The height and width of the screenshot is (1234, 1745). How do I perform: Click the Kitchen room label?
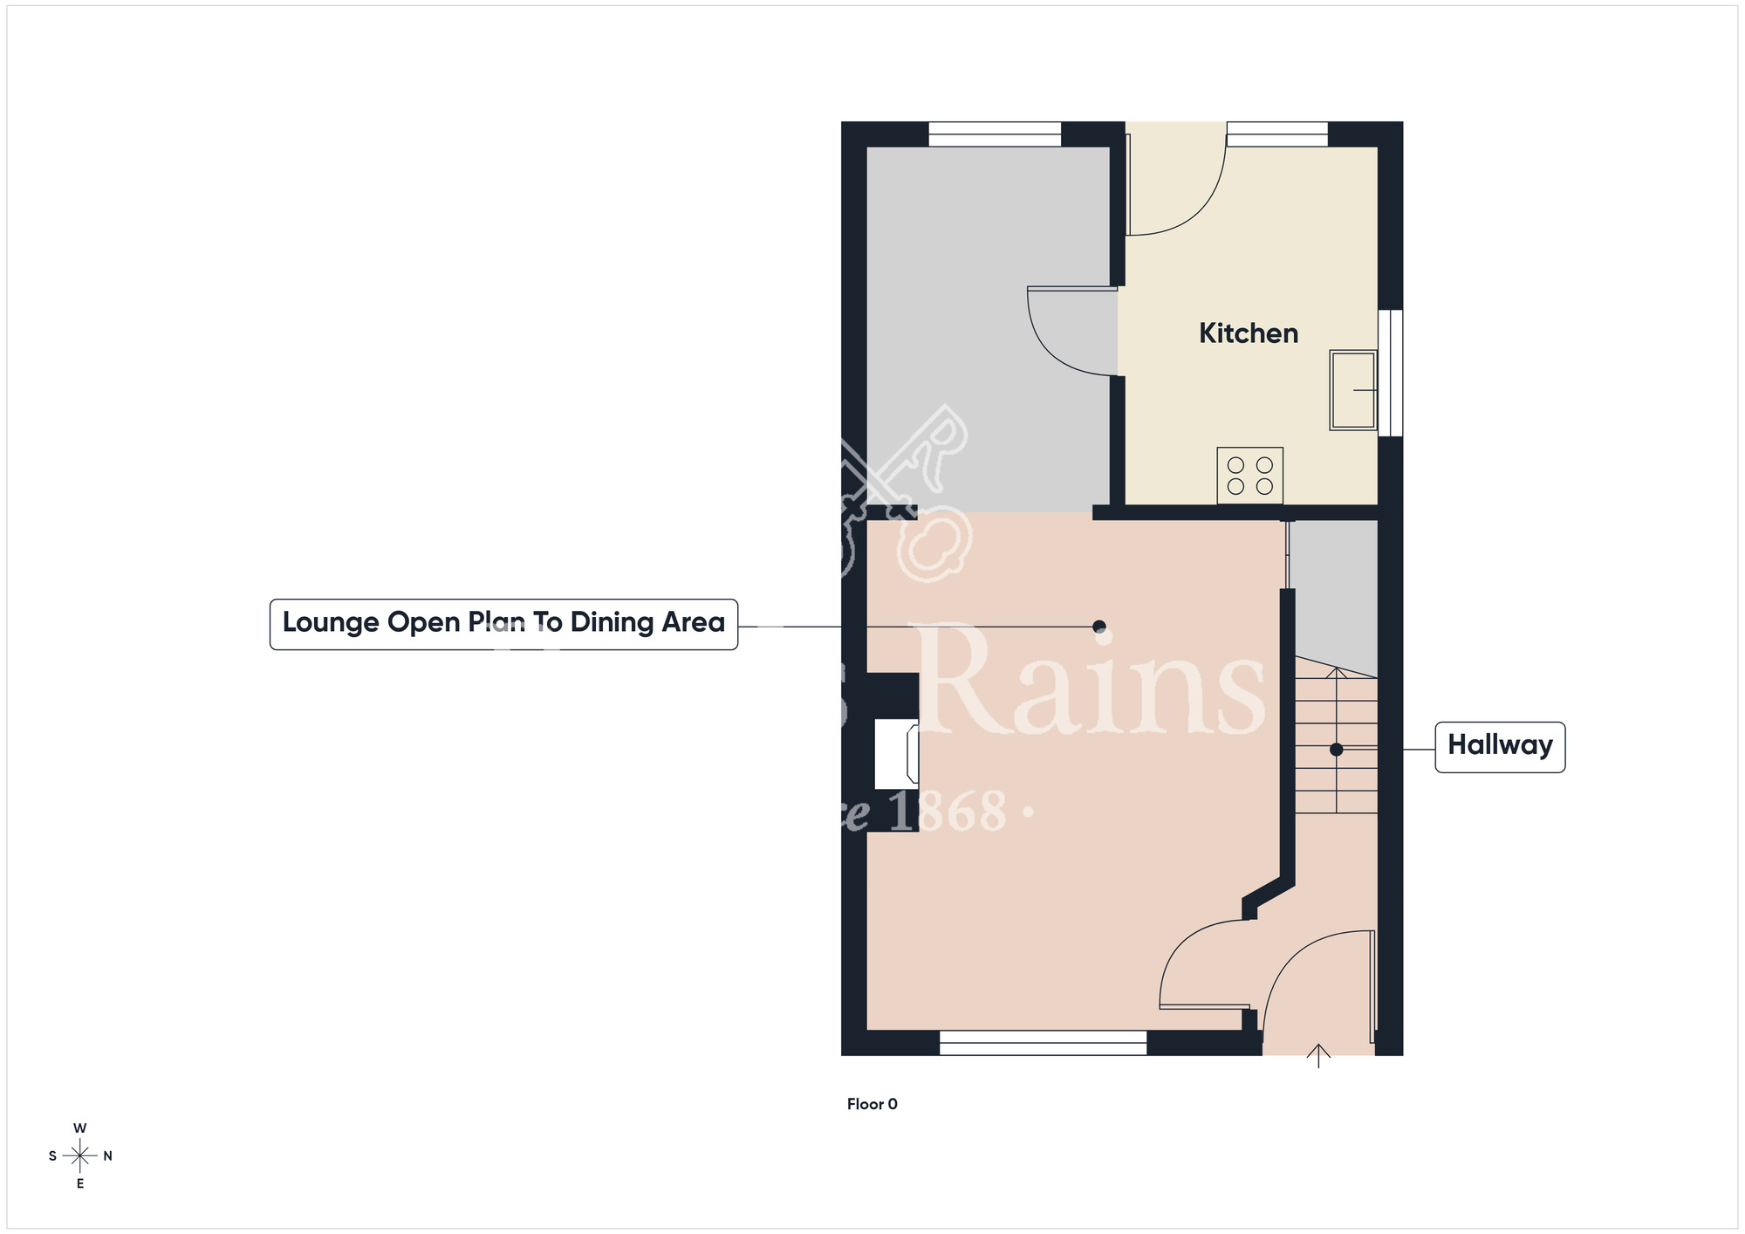pos(1248,333)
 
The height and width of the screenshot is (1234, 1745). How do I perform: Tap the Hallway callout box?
pos(1499,746)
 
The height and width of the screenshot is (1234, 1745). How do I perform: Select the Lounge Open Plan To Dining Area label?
pos(503,623)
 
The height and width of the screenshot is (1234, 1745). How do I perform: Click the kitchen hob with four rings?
pos(1249,476)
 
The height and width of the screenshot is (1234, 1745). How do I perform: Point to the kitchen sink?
pos(1353,390)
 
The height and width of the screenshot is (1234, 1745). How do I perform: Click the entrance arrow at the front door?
pos(1317,1055)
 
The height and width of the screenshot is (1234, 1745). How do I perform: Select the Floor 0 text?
pos(872,1104)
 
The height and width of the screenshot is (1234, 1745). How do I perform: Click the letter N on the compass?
pos(108,1156)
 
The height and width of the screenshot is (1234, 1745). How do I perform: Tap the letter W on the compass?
pos(79,1128)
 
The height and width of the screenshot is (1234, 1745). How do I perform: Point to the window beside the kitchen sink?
pos(1390,373)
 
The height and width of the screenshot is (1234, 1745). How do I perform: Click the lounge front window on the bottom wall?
pos(1043,1042)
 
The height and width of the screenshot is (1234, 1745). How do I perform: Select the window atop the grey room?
pos(994,134)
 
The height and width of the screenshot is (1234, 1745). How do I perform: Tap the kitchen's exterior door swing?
pos(1178,188)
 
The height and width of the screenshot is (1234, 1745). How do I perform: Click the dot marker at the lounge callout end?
pos(1099,627)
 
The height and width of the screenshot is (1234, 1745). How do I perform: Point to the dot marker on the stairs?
pos(1336,750)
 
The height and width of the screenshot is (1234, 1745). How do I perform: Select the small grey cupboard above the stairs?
pos(1333,593)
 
